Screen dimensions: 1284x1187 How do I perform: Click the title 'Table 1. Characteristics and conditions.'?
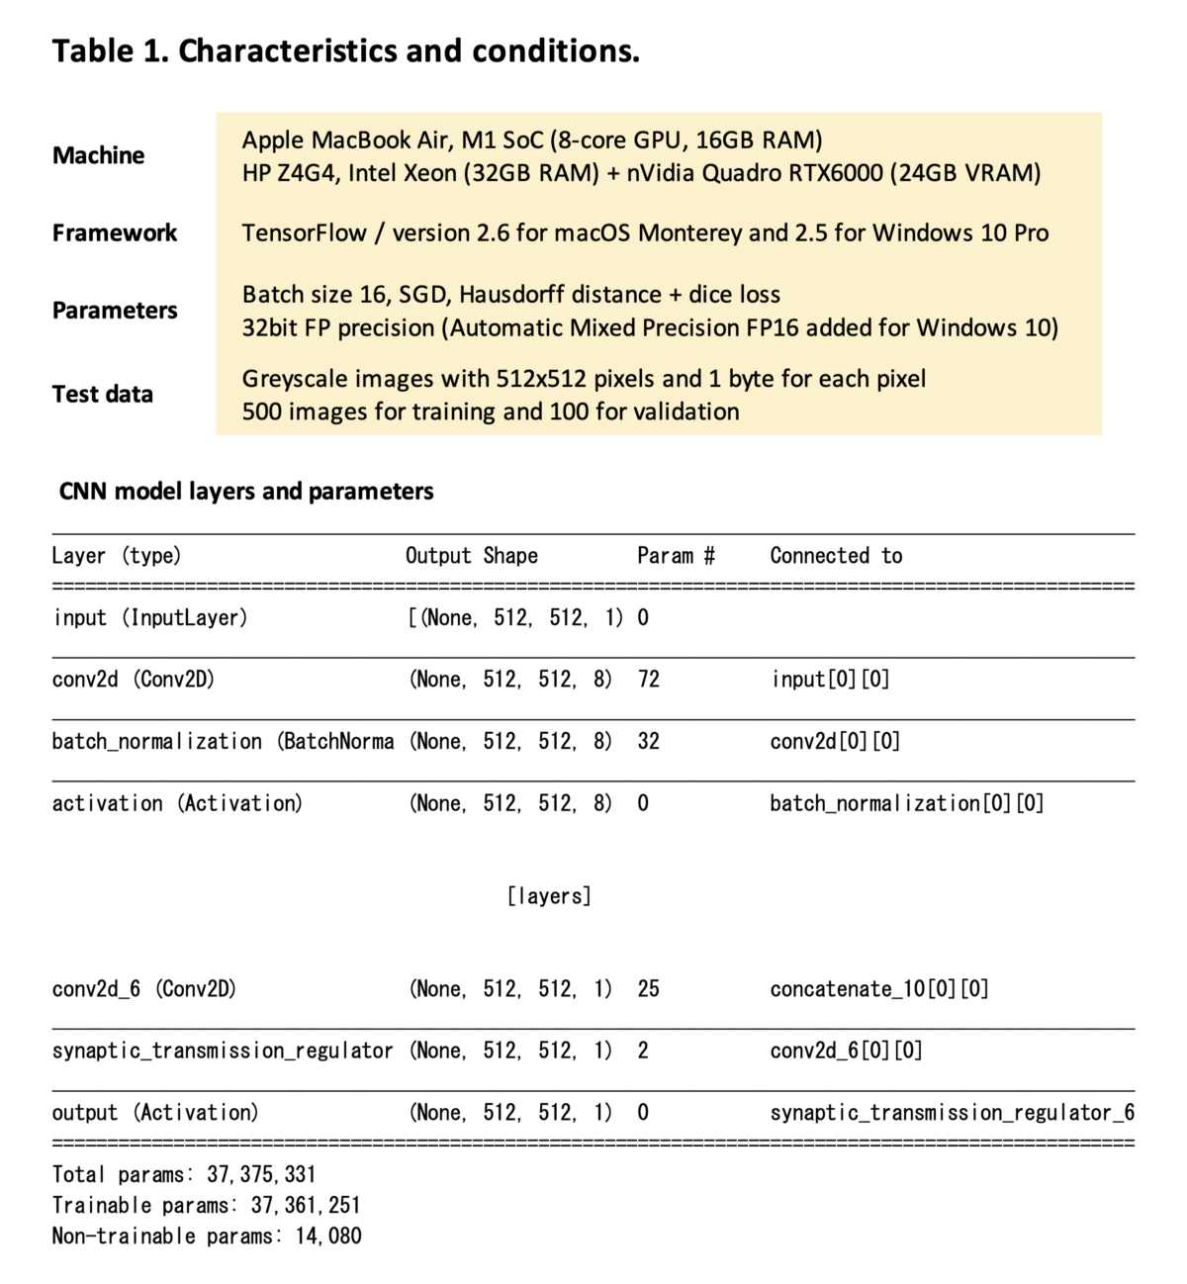tap(345, 50)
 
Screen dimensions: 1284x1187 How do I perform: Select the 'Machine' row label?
tap(98, 155)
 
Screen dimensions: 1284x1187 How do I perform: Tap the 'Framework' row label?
tap(115, 232)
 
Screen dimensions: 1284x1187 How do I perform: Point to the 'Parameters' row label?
tap(115, 310)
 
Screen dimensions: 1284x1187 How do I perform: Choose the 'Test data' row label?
tap(103, 394)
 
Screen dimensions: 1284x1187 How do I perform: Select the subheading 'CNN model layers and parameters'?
tap(246, 491)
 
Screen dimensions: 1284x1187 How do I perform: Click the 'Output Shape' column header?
tap(471, 556)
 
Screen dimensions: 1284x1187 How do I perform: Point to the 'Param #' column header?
tap(676, 556)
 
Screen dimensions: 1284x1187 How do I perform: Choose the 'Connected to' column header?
tap(836, 556)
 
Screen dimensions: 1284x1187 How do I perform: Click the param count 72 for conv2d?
tap(649, 680)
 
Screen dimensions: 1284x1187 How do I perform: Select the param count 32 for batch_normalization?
tap(649, 741)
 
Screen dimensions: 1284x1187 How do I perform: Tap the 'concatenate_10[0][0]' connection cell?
tap(879, 988)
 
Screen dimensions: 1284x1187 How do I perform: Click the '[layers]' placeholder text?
tap(549, 896)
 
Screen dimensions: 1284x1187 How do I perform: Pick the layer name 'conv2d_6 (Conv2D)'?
tap(144, 988)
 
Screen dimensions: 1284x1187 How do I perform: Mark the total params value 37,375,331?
tap(261, 1174)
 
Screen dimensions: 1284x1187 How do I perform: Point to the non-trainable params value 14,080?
tap(328, 1236)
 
